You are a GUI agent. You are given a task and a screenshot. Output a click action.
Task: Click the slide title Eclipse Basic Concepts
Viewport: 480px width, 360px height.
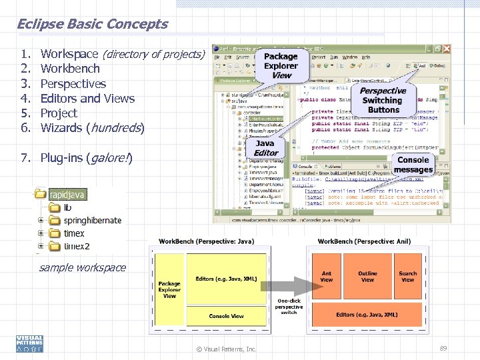(92, 24)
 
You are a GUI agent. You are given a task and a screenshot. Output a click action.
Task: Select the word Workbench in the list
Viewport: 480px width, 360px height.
(70, 69)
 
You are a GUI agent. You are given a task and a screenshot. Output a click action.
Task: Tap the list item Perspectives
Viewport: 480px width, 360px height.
(73, 84)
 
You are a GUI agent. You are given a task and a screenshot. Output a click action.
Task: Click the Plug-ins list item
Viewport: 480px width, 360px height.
(86, 158)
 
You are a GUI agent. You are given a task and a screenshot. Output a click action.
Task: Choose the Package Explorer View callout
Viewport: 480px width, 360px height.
(281, 65)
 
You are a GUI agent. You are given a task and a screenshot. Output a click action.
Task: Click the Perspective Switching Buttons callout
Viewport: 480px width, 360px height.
(383, 100)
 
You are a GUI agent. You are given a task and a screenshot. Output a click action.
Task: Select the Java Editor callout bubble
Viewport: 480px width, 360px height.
(265, 147)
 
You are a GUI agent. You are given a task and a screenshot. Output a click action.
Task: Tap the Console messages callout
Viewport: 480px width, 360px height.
(413, 165)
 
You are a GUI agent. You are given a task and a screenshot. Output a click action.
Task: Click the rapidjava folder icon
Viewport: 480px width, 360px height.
(41, 195)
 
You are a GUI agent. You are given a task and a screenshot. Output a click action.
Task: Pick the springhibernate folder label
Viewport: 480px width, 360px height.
(93, 221)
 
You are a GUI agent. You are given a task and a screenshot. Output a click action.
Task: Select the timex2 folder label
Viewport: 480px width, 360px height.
(77, 247)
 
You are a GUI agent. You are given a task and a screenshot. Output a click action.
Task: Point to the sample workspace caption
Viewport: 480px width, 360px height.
(83, 268)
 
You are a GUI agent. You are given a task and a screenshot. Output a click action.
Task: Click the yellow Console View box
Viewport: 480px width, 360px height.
(226, 316)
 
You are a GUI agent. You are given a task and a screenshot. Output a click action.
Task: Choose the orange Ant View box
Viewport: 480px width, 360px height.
(327, 276)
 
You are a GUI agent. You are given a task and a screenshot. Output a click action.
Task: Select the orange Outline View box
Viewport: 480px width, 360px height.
(367, 276)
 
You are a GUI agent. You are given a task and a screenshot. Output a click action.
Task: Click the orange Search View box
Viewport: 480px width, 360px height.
(407, 276)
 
